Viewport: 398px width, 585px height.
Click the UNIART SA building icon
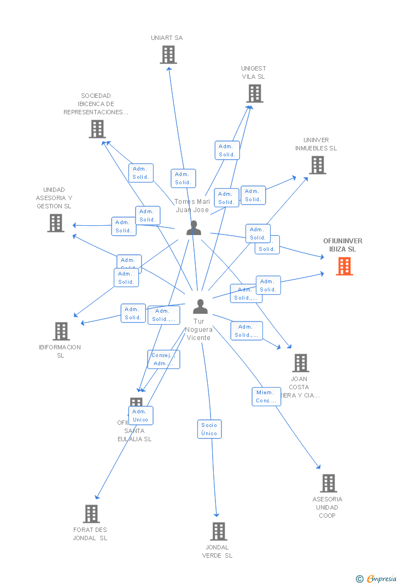click(168, 55)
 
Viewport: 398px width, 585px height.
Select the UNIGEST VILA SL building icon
click(255, 93)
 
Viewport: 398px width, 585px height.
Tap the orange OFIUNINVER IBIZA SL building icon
click(344, 266)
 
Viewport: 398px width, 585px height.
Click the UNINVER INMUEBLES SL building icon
click(317, 165)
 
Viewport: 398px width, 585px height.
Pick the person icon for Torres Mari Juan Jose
click(194, 228)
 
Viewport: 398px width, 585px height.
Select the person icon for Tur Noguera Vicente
click(200, 307)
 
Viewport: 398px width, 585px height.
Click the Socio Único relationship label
click(209, 429)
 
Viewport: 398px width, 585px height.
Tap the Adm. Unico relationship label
click(141, 416)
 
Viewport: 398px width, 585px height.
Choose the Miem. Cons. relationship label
click(266, 396)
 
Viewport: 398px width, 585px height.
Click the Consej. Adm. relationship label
click(163, 359)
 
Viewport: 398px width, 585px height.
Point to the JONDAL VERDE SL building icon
click(218, 531)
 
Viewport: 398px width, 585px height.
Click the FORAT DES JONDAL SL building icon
click(91, 513)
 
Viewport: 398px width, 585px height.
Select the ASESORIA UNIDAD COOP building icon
click(328, 483)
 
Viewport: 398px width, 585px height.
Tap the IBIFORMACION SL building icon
click(61, 331)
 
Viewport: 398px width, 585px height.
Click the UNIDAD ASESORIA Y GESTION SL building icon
click(55, 223)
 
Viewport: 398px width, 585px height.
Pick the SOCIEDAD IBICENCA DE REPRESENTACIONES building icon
click(97, 129)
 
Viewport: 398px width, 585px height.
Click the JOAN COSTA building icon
click(300, 362)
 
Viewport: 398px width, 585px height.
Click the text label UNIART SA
click(167, 38)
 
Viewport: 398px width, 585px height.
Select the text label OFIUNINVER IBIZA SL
click(343, 245)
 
